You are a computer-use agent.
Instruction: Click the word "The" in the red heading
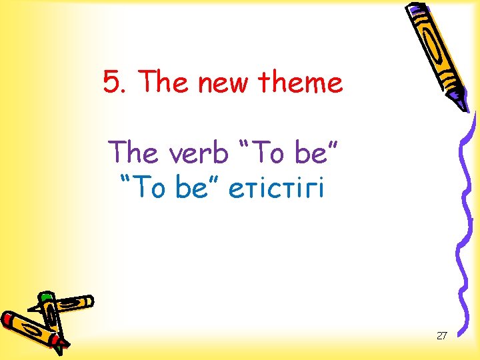point(157,83)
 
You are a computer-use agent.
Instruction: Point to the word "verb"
point(198,153)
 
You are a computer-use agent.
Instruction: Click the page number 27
point(441,335)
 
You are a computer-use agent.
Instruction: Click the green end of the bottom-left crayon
point(45,297)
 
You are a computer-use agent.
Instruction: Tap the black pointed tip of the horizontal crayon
point(33,309)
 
